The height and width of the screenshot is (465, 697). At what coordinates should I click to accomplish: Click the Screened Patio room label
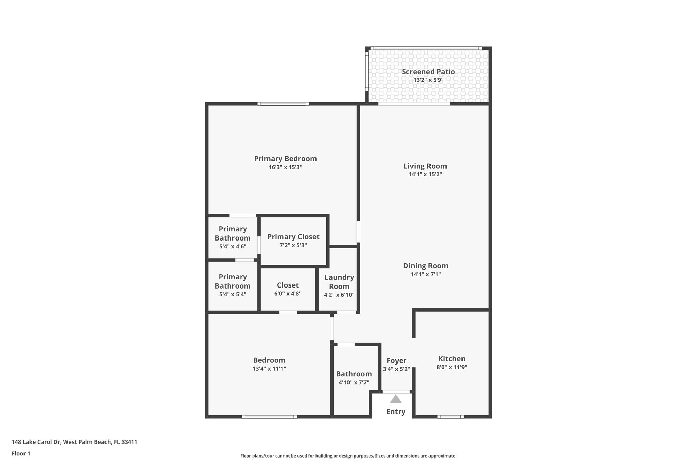coord(428,72)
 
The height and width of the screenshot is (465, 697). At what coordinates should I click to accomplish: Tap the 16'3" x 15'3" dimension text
coord(285,167)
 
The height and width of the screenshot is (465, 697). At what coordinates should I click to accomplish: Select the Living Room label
coord(425,166)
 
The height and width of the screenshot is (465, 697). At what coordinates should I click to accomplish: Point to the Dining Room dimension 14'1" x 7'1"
coord(425,274)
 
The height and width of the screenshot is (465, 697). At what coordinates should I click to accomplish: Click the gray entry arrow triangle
coord(395,399)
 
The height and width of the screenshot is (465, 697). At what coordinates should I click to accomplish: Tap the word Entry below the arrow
coord(395,412)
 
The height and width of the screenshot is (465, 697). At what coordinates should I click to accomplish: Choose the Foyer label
coord(396,360)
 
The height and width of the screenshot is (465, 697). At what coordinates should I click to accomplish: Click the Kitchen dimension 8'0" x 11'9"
coord(452,367)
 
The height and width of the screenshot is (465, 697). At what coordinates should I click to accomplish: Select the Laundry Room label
coord(339,282)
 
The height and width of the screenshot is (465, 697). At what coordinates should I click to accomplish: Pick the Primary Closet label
coord(293,237)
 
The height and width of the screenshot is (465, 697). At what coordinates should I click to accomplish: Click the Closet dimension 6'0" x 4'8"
coord(288,294)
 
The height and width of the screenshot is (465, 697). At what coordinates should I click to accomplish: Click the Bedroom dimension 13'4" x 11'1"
coord(269,369)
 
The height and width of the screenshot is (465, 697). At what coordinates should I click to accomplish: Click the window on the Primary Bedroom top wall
coord(283,104)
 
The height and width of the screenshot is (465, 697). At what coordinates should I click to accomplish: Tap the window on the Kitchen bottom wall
coord(450,417)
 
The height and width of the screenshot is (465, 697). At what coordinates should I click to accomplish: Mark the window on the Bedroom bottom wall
coord(269,417)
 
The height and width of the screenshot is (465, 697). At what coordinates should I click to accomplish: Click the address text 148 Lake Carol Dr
coord(36,442)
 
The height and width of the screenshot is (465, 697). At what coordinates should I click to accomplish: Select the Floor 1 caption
coord(21,453)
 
